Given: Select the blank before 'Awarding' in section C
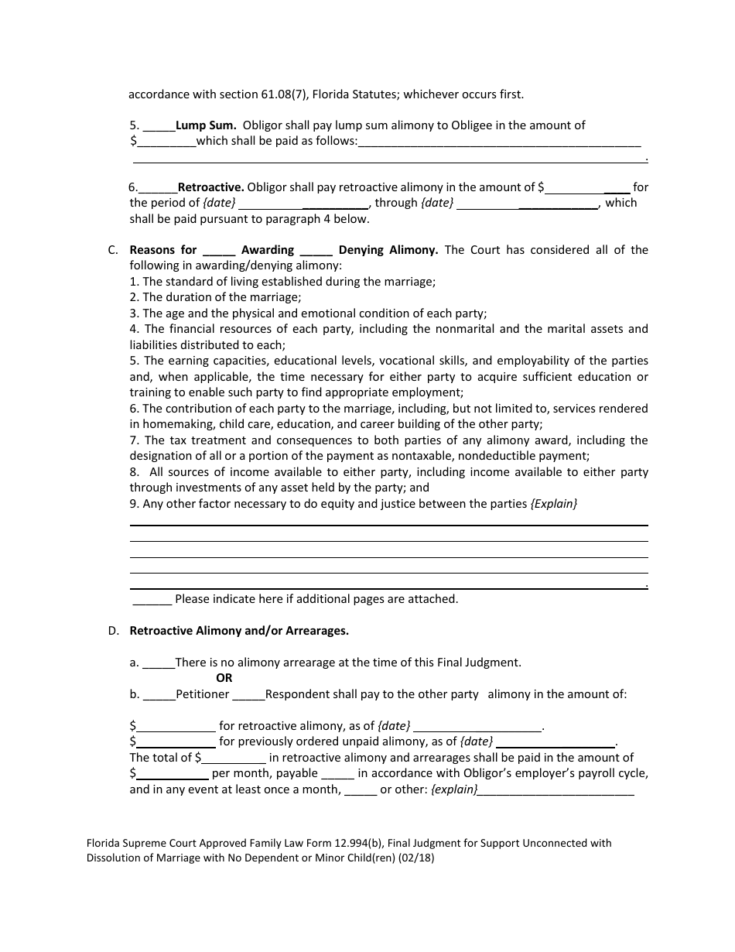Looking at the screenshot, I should (x=219, y=251).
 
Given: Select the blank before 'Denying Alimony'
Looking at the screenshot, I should (x=316, y=251).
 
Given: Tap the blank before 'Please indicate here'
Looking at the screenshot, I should (x=152, y=599).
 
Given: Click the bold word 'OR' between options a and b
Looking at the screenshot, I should (x=224, y=678).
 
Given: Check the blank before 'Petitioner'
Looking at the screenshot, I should (x=159, y=695).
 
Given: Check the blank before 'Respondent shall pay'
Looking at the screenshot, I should (x=248, y=695).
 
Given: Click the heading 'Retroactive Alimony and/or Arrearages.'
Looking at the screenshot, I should (x=239, y=631).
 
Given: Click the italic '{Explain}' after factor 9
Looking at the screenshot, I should (x=554, y=504).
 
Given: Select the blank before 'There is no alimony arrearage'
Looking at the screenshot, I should (x=159, y=663).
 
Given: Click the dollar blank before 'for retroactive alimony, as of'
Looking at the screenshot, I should (x=176, y=727).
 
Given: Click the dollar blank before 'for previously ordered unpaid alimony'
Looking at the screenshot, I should (x=176, y=742).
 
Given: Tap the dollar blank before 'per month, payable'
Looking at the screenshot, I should (x=173, y=774).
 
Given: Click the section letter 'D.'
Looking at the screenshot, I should (x=113, y=631).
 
